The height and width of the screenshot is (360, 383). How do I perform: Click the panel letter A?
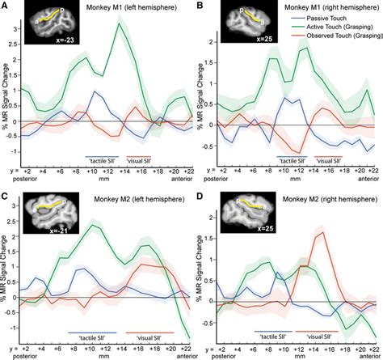6,7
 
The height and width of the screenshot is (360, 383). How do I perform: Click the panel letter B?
200,7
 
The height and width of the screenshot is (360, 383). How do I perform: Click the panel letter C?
6,192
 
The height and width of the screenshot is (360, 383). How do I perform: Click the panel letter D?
200,192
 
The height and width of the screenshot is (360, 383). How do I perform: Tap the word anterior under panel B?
366,179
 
